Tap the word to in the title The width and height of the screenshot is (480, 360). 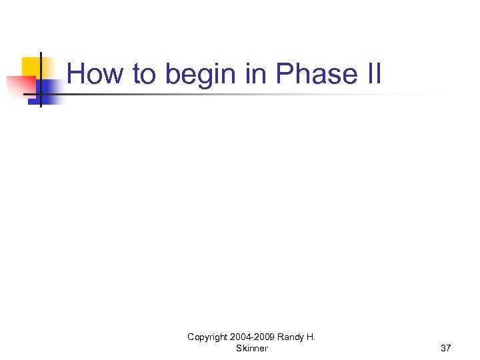143,74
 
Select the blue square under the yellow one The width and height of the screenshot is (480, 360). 50,90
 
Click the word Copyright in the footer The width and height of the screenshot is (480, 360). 207,337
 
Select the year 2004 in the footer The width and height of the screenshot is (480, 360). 240,337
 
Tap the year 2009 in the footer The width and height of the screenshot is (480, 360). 263,337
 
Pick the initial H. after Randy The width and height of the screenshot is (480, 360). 311,337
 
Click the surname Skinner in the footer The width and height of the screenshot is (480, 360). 251,348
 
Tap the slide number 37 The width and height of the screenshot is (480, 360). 445,348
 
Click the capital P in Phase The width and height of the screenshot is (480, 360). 283,74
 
